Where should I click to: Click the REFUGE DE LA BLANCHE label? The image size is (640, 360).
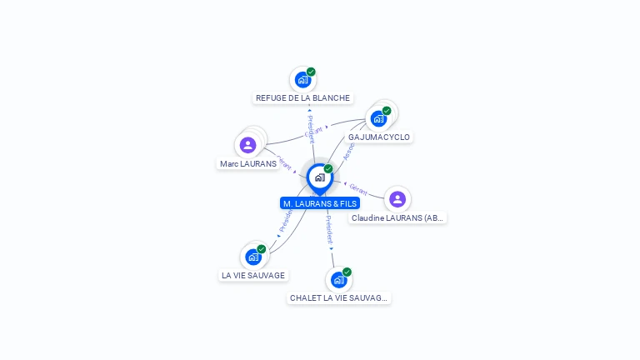coord(302,97)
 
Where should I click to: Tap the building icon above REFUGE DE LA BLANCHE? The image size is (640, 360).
coord(302,80)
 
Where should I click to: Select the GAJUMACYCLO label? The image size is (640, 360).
coord(379,137)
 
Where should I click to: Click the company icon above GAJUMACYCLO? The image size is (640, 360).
coord(378,118)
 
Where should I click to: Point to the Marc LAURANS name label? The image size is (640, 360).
coord(247,163)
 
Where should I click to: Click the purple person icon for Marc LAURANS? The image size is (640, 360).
coord(247,145)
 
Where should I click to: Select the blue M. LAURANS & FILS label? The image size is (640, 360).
coord(320,203)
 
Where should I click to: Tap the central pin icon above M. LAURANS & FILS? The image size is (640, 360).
coord(319,177)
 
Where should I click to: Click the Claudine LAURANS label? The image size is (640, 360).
coord(398,217)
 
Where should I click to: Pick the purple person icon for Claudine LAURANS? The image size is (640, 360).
coord(397,198)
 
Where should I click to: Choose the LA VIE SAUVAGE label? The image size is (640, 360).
coord(253,275)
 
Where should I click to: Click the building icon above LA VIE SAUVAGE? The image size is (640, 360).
coord(253,257)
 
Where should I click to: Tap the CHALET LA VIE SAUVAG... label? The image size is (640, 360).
coord(338,297)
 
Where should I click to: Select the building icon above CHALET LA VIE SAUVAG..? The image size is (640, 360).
coord(338,279)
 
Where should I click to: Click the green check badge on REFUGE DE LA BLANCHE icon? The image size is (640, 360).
coord(311,72)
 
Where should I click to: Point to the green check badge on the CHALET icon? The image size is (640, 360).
coord(347,272)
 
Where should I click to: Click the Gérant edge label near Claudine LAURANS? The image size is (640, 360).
coord(358,188)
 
